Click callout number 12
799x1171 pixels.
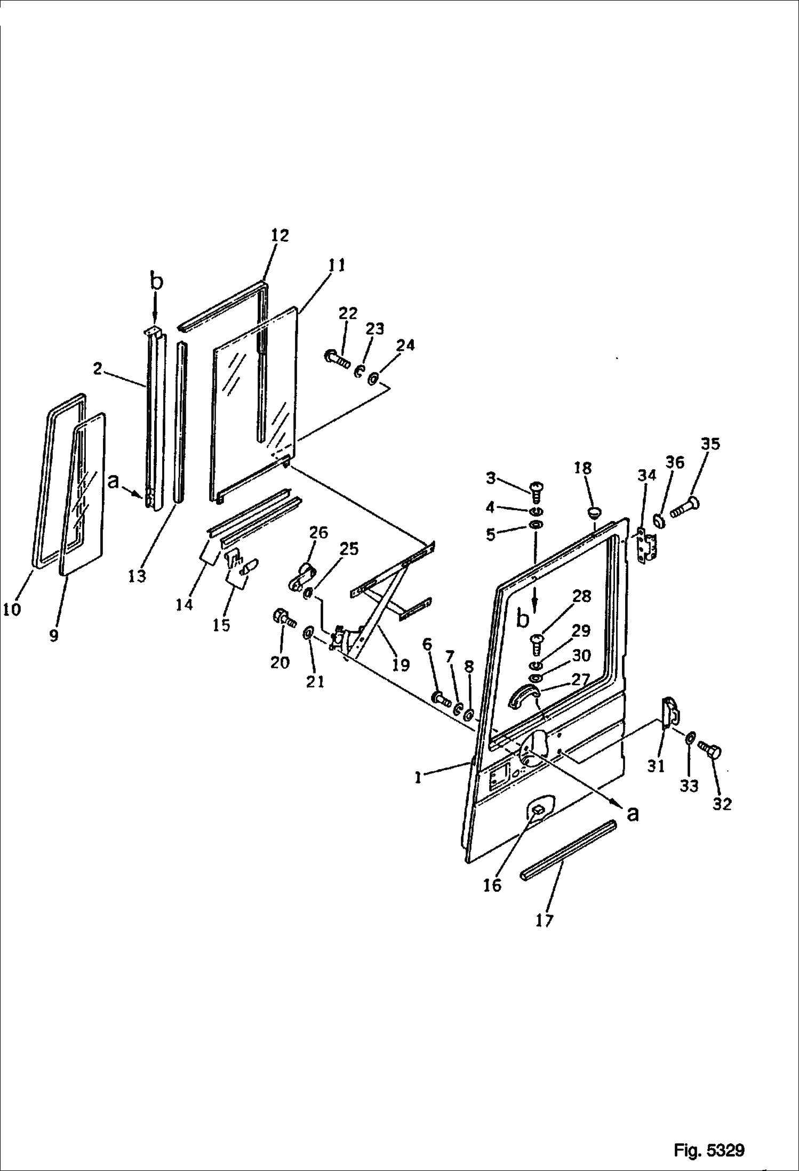[x=279, y=235]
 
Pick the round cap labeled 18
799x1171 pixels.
[x=594, y=513]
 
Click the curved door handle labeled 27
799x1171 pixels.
[x=522, y=698]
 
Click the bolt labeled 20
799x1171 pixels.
[x=283, y=618]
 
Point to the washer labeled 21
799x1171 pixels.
[x=308, y=633]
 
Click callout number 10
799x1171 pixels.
[x=12, y=608]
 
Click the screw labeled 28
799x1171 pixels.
[x=537, y=645]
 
